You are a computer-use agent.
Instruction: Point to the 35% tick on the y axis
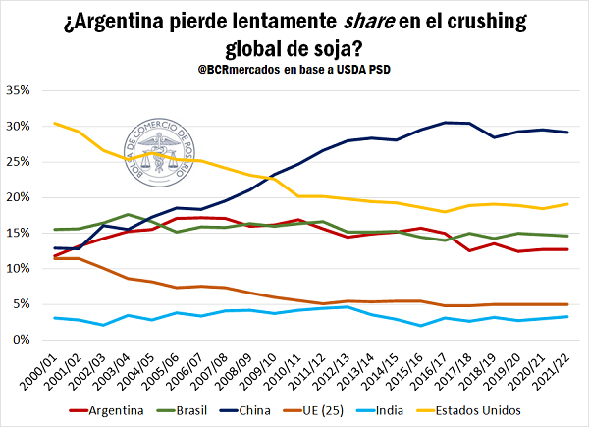pyautogui.click(x=22, y=90)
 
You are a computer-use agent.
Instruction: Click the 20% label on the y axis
pyautogui.click(x=22, y=197)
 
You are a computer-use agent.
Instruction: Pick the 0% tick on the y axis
pyautogui.click(x=26, y=340)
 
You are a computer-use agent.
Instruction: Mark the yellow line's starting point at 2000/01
pyautogui.click(x=55, y=124)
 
